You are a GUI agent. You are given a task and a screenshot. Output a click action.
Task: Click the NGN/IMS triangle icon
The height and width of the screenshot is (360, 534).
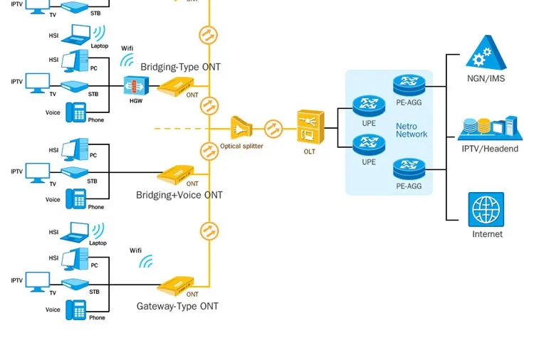486,53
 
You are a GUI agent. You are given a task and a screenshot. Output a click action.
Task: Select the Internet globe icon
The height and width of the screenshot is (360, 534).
486,210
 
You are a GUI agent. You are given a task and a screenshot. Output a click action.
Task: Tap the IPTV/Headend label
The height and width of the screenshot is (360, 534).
490,149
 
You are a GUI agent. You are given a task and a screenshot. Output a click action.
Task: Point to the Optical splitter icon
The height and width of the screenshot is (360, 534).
241,129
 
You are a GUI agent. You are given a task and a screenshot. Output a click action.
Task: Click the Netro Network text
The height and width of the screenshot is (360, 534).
412,130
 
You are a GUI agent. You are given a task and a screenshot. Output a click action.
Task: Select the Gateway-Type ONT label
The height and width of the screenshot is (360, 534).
177,307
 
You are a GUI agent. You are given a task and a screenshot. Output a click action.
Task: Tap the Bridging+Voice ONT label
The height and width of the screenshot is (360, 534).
179,195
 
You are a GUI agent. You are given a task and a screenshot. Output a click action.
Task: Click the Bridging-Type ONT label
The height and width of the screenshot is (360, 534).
181,67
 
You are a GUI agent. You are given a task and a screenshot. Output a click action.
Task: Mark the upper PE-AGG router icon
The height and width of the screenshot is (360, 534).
408,84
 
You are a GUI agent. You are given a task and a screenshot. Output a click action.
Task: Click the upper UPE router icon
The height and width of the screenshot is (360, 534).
368,106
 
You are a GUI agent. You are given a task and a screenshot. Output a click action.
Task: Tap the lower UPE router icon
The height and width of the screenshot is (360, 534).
368,146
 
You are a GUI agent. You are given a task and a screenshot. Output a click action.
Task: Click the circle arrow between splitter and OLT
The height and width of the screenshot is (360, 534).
274,129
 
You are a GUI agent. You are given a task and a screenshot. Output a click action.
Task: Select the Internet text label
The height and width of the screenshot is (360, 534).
487,234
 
